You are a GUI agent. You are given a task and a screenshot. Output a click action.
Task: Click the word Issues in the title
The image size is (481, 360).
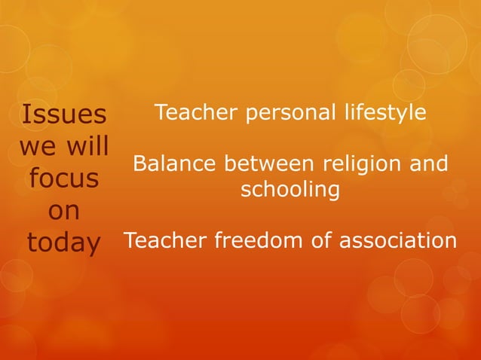click(x=64, y=115)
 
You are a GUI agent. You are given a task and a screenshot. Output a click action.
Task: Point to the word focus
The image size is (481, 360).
click(x=64, y=178)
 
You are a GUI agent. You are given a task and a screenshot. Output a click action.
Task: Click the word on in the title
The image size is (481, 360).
click(x=64, y=212)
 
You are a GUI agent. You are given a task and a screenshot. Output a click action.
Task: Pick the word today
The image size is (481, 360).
click(x=64, y=243)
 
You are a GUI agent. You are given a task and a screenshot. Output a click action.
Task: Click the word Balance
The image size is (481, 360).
click(x=167, y=163)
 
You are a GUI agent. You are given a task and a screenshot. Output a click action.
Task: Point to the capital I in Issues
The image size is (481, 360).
click(x=27, y=115)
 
